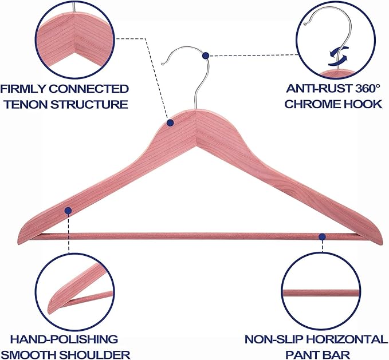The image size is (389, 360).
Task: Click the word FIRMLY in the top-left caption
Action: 23,89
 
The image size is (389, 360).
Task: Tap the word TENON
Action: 26,104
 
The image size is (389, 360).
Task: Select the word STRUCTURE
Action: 89,104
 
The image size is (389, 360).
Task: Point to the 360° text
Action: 368,89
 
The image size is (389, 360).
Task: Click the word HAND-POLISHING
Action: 64,339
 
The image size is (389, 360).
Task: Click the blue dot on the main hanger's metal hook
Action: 206,56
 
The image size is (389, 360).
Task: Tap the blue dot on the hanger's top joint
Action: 170,122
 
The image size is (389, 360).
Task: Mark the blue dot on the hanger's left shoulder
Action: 68,211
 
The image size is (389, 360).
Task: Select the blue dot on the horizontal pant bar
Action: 323,237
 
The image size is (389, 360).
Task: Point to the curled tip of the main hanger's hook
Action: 163,64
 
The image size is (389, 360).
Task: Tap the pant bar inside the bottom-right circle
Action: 321,293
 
